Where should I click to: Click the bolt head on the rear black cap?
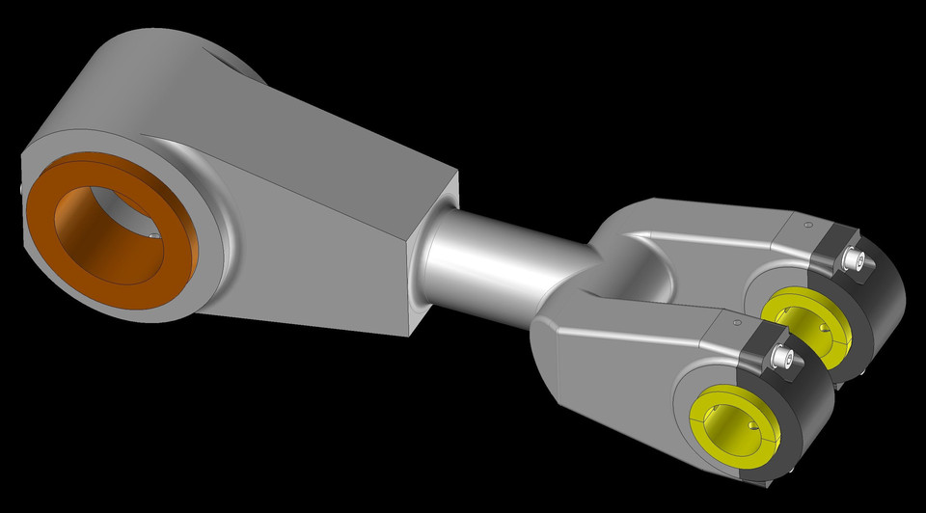(854, 258)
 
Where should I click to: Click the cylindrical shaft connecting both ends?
(502, 260)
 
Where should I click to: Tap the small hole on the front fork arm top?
(736, 323)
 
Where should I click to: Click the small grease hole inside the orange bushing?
(153, 233)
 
